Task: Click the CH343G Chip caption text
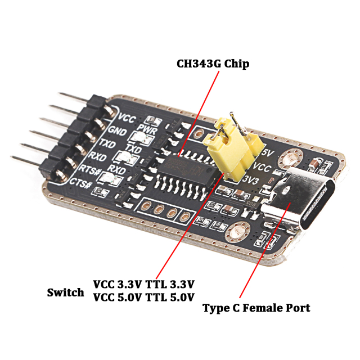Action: click(x=213, y=64)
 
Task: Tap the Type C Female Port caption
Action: click(x=256, y=308)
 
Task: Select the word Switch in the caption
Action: click(x=65, y=292)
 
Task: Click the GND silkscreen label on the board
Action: click(x=116, y=130)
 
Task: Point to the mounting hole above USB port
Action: click(x=291, y=159)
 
